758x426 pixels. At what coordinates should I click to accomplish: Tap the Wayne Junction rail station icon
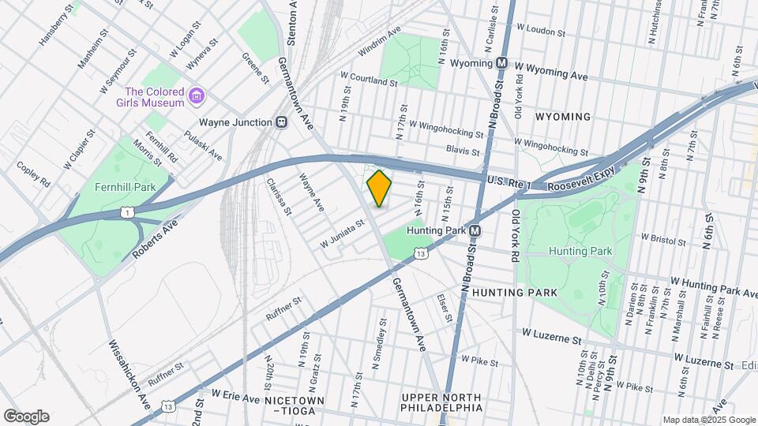[280, 122]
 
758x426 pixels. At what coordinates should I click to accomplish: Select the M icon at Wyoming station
[501, 62]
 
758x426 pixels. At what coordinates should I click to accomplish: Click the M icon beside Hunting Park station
[475, 231]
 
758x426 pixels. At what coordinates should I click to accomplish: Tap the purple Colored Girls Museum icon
[197, 97]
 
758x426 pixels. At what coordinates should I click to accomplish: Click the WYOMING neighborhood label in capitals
[562, 117]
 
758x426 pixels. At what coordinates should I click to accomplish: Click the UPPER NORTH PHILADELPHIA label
[441, 402]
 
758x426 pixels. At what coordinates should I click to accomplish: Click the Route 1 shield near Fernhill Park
[127, 211]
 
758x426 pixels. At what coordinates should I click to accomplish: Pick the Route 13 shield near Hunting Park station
[422, 253]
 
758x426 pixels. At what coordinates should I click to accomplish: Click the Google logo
[26, 417]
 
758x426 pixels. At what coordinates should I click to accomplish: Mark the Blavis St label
[463, 150]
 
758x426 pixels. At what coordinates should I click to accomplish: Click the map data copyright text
[708, 420]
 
